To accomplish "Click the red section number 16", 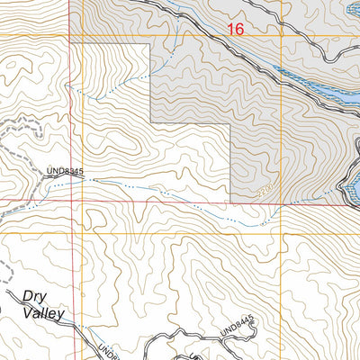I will pyautogui.click(x=236, y=29).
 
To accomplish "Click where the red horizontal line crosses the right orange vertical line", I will pyautogui.click(x=282, y=202).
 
